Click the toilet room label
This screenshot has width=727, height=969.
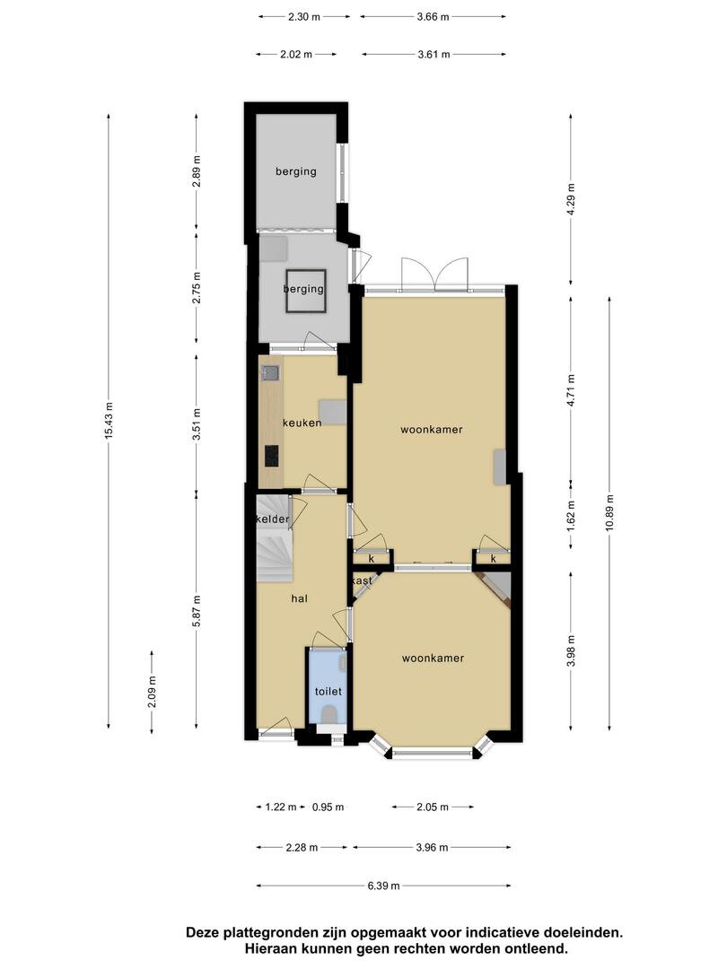328,692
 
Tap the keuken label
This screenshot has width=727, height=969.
302,423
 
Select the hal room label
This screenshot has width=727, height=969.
299,598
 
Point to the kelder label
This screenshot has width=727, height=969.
273,519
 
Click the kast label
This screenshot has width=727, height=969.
363,581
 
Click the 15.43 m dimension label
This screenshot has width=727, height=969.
109,421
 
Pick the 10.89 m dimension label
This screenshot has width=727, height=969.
609,512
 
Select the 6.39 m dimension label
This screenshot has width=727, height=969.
384,886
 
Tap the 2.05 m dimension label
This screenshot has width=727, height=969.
433,807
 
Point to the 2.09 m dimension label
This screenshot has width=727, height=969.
152,692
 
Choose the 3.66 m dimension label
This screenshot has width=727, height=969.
433,17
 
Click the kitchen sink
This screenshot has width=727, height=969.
271,372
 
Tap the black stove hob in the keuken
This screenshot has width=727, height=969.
272,456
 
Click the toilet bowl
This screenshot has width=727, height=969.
329,716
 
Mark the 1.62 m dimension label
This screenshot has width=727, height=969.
571,515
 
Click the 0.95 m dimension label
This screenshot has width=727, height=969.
328,807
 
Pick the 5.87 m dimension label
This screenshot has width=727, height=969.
197,611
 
